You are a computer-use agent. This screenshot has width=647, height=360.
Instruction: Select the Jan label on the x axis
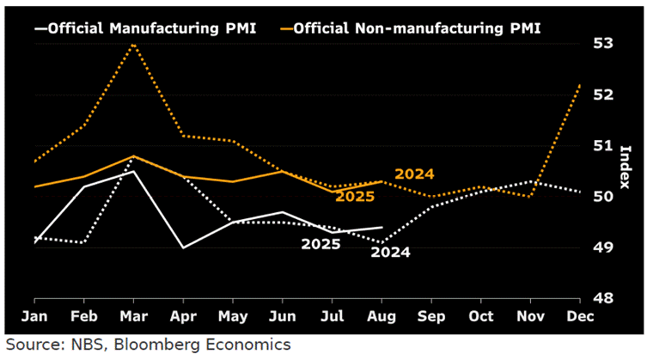pyautogui.click(x=34, y=317)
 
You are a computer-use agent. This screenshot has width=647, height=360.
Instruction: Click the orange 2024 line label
pyautogui.click(x=414, y=174)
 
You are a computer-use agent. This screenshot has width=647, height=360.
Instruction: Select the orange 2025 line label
pyautogui.click(x=355, y=197)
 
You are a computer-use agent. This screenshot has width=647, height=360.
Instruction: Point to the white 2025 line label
pyautogui.click(x=320, y=244)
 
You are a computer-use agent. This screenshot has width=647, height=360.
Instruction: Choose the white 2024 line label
pyautogui.click(x=391, y=252)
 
